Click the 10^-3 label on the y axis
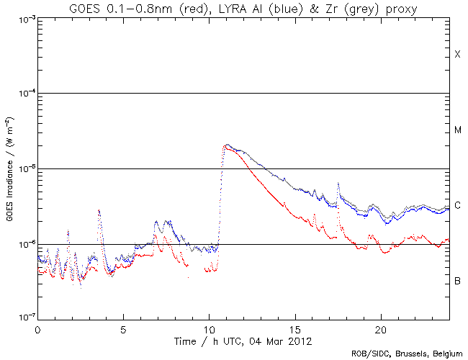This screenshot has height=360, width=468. pyautogui.click(x=24, y=19)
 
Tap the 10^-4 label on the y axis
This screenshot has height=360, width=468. pyautogui.click(x=24, y=94)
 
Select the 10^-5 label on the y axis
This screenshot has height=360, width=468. pyautogui.click(x=24, y=168)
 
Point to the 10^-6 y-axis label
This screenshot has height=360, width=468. pyautogui.click(x=24, y=244)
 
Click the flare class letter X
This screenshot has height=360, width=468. pyautogui.click(x=457, y=55)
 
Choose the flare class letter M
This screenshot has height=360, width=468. pyautogui.click(x=457, y=130)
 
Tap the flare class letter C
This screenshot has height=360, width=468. pyautogui.click(x=457, y=206)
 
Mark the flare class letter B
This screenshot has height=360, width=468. pyautogui.click(x=457, y=281)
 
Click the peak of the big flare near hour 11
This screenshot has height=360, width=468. pyautogui.click(x=227, y=145)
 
